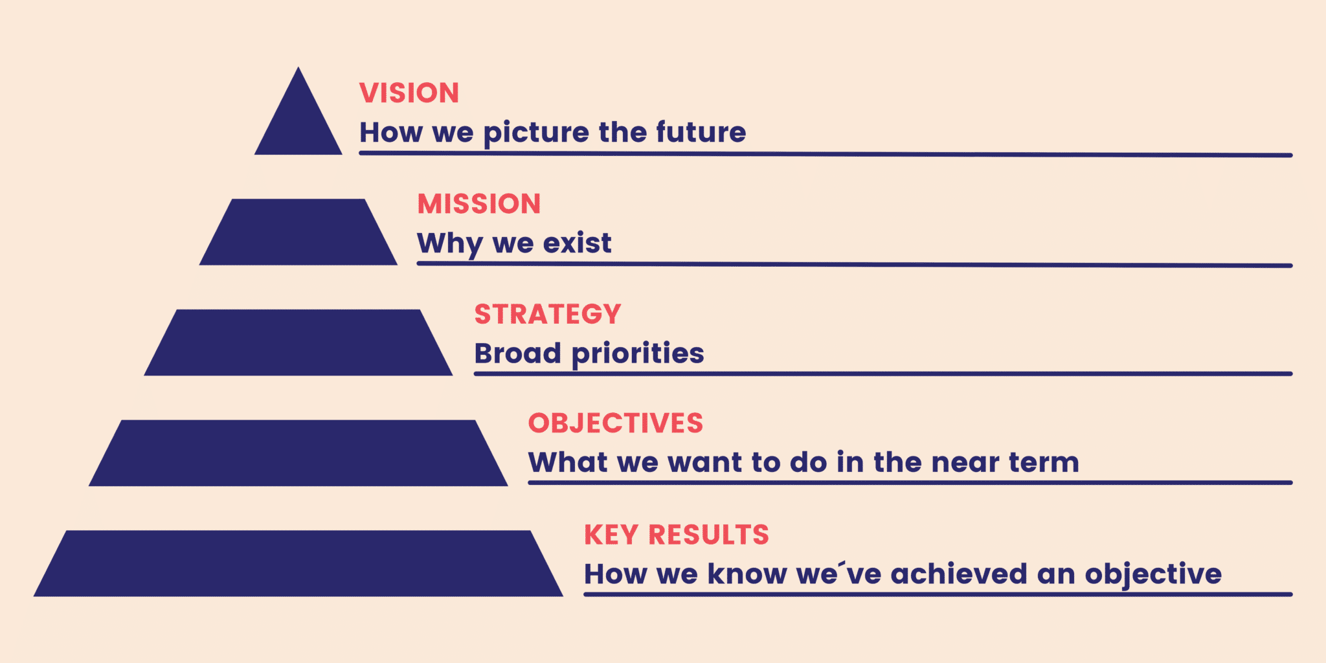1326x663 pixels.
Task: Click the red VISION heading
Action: coord(409,93)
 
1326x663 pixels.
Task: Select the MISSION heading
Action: coord(479,204)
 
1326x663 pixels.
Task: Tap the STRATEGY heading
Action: coord(548,315)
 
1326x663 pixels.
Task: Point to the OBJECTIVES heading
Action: coord(616,423)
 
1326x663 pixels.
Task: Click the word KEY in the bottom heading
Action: coord(611,535)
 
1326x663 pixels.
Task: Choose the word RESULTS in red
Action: coord(709,535)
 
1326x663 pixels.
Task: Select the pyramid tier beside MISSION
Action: coord(298,232)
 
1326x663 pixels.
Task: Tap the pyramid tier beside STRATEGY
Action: coord(298,343)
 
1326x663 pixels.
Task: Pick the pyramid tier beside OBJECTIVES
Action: coord(298,453)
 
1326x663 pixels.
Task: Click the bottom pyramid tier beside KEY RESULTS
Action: coord(298,563)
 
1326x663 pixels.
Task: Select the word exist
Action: coord(577,243)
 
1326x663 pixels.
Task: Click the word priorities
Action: coord(638,354)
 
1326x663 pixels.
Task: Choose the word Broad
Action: coord(518,354)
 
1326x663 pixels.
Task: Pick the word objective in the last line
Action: coord(1153,575)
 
